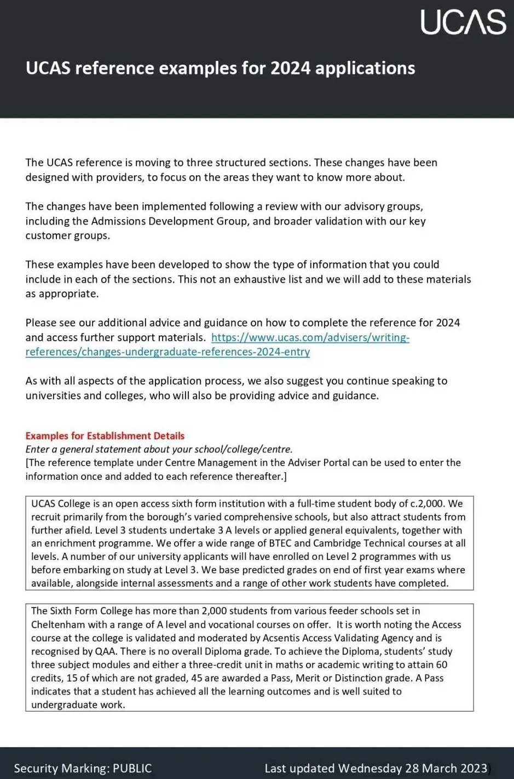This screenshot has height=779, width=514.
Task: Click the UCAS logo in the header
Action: point(463,22)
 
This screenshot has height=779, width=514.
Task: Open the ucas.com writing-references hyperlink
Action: point(310,337)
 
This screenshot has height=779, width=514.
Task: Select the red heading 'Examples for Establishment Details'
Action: point(105,436)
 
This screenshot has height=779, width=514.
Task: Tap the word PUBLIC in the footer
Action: point(132,768)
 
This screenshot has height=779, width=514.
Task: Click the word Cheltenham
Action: point(57,625)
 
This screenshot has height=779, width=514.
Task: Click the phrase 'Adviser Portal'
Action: point(317,463)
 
